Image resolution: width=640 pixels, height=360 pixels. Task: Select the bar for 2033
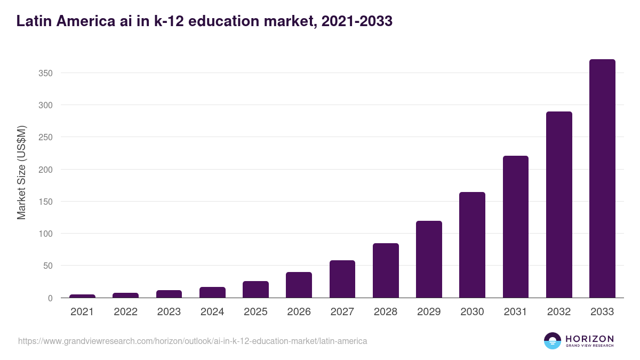click(602, 179)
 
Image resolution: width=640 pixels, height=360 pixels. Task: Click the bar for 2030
click(472, 245)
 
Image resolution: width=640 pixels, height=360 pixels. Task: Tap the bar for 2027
click(342, 279)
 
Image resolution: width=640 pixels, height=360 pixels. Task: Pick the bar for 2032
click(559, 205)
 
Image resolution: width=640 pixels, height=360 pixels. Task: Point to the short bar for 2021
click(82, 296)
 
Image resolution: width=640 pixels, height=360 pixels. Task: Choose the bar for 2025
click(255, 290)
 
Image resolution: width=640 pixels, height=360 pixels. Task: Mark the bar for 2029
click(429, 259)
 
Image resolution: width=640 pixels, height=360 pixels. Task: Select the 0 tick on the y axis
click(50, 298)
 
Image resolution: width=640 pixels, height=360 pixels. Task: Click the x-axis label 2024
click(212, 312)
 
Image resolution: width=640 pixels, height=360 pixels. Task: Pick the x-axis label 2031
click(516, 312)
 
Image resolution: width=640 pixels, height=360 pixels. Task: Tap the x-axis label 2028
click(386, 312)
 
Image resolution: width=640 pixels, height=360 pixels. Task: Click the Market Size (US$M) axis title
click(21, 172)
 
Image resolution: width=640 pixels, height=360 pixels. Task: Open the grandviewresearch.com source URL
click(193, 341)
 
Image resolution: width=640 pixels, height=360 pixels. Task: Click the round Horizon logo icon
click(553, 341)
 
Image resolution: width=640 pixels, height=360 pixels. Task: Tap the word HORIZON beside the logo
click(589, 338)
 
